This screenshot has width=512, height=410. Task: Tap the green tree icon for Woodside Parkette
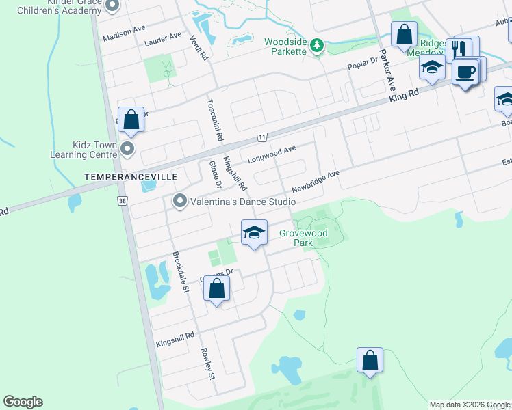316,46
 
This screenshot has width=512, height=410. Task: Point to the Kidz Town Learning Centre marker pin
127,149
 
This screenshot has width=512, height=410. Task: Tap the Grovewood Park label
303,238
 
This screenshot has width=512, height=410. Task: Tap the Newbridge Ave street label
315,181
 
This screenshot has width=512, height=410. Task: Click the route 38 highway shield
122,201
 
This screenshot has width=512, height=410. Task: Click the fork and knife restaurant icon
459,49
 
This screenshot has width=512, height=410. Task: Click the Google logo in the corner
23,402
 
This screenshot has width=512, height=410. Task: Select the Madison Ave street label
124,33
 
